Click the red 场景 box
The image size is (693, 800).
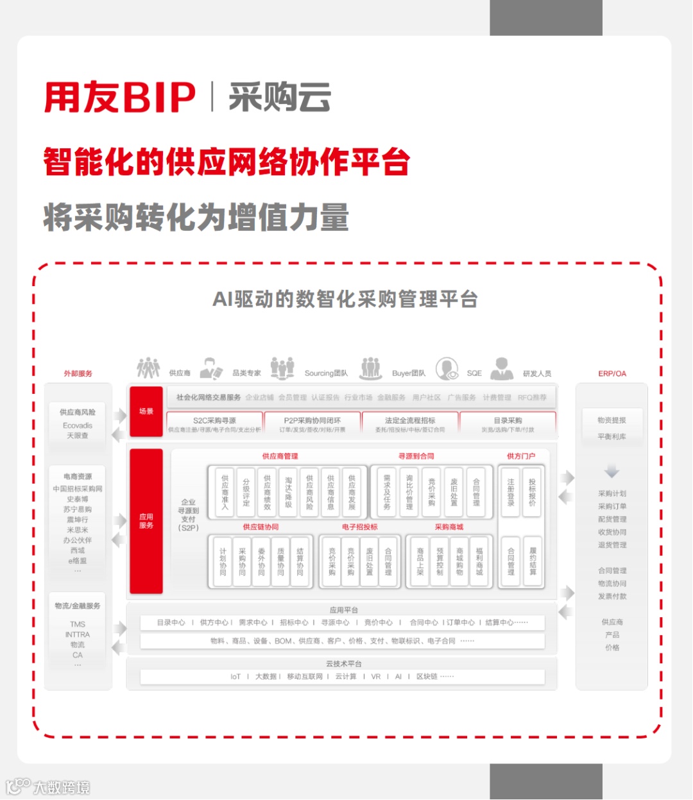(146, 411)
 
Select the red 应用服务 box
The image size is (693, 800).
(146, 520)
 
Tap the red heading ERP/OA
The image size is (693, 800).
(612, 373)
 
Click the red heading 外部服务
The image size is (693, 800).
(78, 373)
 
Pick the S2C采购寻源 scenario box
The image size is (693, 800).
(215, 423)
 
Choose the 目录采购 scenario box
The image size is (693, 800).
(508, 423)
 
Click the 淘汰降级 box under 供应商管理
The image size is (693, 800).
(289, 492)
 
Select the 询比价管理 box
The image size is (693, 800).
(409, 492)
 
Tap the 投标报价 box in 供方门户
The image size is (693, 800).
(532, 492)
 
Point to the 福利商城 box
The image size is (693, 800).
(479, 561)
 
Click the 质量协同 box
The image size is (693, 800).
(280, 561)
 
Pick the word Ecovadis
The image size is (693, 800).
(78, 425)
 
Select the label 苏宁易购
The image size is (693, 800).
(78, 509)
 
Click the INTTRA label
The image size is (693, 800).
(78, 634)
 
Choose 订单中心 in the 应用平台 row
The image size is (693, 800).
(461, 622)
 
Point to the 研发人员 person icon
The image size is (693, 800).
(502, 369)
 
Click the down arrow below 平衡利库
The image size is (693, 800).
(612, 472)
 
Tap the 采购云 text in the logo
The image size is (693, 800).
(280, 98)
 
